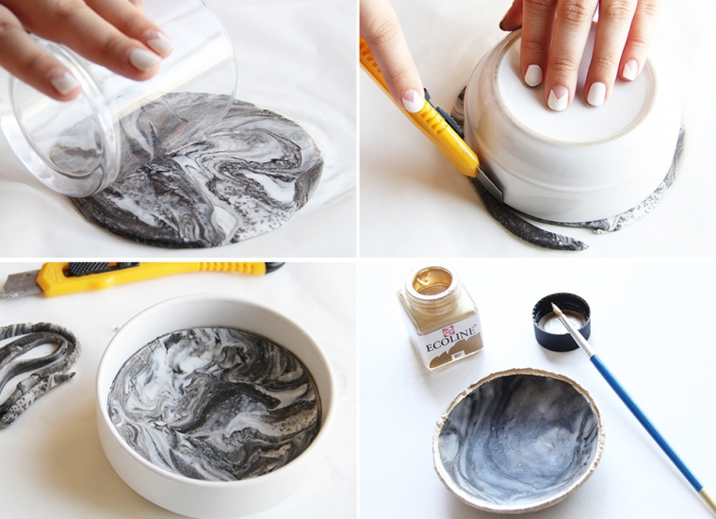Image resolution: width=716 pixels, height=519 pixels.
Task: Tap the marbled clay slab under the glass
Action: click(x=236, y=189)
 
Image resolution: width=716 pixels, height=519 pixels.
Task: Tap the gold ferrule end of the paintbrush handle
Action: click(x=707, y=499)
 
